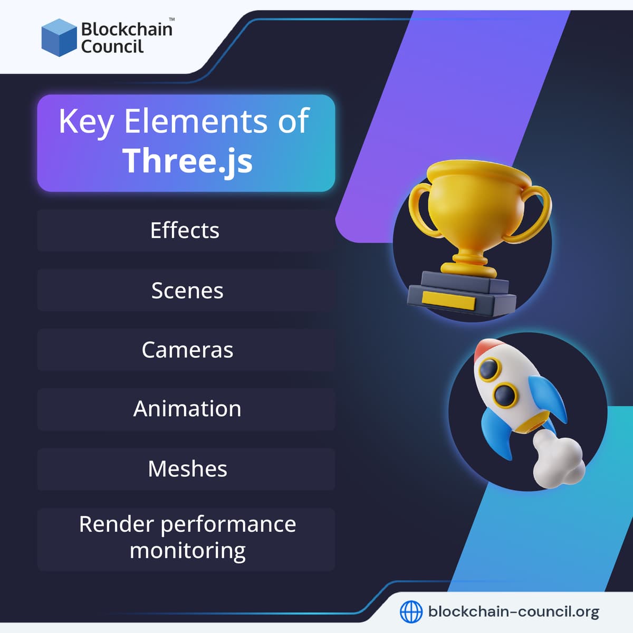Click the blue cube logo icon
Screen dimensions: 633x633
[59, 37]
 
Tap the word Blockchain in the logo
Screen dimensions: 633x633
[127, 29]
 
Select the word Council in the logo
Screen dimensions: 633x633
[112, 47]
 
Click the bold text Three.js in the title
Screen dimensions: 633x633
[187, 160]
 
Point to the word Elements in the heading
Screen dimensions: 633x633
[196, 121]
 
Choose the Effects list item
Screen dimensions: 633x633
[185, 231]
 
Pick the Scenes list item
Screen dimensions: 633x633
[187, 291]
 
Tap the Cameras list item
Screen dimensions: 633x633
[187, 350]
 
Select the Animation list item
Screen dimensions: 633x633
[187, 409]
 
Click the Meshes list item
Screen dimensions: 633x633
[187, 469]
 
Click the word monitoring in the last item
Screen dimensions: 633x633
[187, 551]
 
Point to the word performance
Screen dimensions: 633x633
[228, 524]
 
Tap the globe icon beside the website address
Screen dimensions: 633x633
[411, 612]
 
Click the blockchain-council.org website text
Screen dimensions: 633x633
[513, 612]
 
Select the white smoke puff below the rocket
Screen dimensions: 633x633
[557, 459]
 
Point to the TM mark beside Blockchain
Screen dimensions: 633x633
[171, 20]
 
